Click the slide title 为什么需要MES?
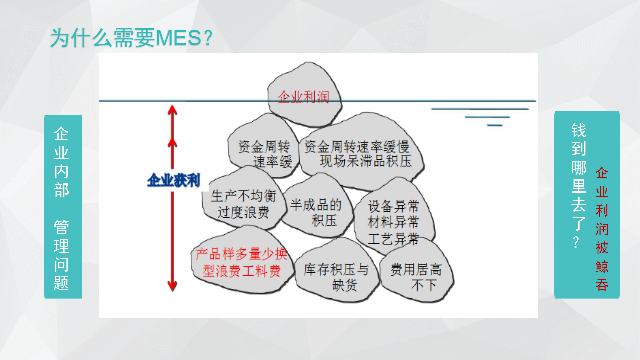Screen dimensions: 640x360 (131, 38)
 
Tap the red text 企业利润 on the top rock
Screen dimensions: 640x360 (303, 97)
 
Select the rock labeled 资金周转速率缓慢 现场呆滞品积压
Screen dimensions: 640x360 (361, 151)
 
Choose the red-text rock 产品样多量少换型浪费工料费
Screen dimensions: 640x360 (242, 260)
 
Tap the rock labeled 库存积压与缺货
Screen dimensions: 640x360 (336, 271)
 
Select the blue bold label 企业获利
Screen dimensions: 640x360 (173, 180)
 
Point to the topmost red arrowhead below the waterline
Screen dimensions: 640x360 (172, 110)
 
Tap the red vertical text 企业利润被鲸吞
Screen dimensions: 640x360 (601, 229)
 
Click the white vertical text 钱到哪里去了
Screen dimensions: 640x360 (579, 176)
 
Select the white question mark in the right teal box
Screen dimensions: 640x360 (576, 243)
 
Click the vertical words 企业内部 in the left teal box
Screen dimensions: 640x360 (61, 161)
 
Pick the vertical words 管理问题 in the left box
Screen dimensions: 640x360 (61, 255)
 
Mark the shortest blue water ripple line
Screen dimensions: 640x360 (495, 125)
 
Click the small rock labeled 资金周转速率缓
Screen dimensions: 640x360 (263, 145)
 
